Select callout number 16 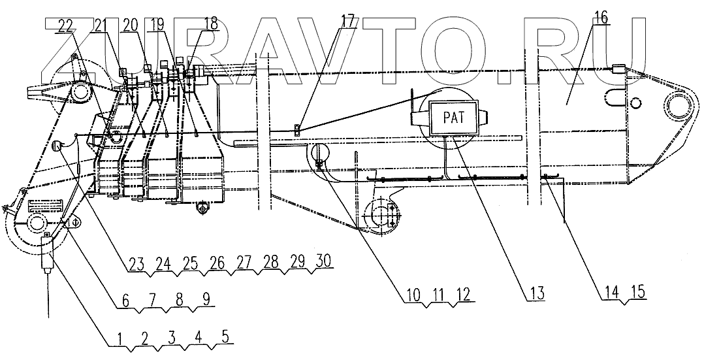coord(601,18)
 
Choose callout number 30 coord(321,260)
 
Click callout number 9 coord(206,301)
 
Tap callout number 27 coord(244,261)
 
